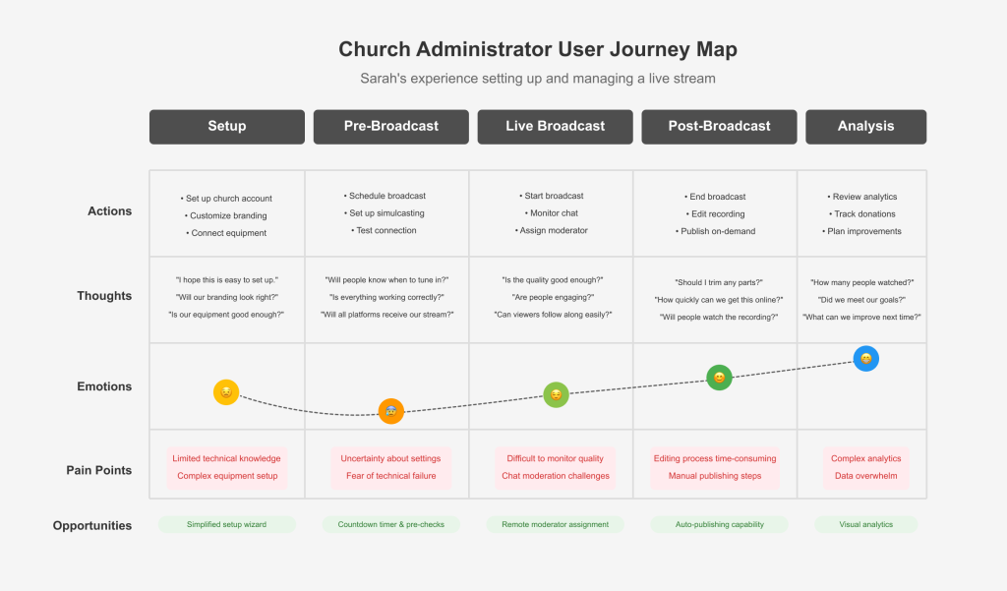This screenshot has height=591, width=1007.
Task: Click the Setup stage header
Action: click(x=227, y=127)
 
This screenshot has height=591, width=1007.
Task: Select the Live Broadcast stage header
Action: click(x=555, y=127)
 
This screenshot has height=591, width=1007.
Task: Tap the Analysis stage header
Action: click(x=865, y=127)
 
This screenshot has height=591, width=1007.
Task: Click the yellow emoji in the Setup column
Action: click(x=226, y=391)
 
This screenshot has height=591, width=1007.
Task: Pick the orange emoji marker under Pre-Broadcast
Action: click(x=391, y=411)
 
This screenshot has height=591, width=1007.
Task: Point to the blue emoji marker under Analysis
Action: click(x=865, y=359)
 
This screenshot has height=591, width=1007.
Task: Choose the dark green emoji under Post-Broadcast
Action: click(x=719, y=377)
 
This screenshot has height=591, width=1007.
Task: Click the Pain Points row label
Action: click(x=99, y=470)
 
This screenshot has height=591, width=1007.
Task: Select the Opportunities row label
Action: click(x=92, y=525)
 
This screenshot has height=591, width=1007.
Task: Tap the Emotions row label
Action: click(x=104, y=386)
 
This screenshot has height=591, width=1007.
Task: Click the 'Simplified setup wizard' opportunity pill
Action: click(x=227, y=524)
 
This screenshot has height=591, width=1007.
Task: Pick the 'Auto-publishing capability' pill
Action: click(x=719, y=524)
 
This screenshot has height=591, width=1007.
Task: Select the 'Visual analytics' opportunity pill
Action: click(x=865, y=524)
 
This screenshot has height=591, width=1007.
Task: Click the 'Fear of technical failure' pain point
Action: click(x=391, y=476)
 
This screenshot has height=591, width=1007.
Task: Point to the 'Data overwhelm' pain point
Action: click(x=865, y=476)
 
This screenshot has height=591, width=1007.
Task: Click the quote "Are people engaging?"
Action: click(x=553, y=297)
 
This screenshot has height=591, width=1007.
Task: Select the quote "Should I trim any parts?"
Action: click(x=719, y=282)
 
